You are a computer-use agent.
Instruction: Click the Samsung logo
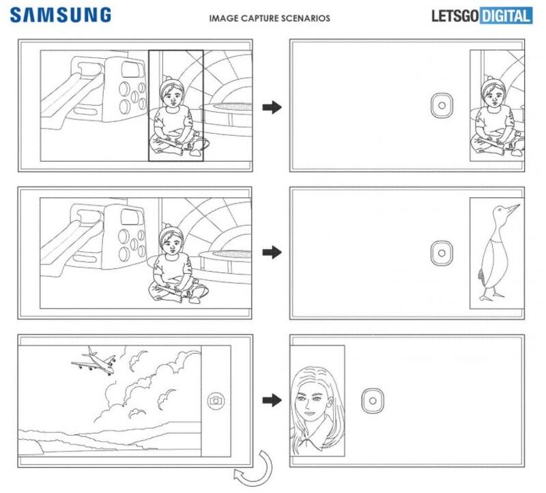[x=61, y=14]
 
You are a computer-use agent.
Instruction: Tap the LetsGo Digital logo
[x=481, y=16]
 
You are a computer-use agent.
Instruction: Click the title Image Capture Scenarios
[x=270, y=18]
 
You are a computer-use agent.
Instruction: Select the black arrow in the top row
[x=272, y=107]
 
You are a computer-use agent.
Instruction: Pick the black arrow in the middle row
[x=272, y=253]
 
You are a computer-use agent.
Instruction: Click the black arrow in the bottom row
[x=272, y=400]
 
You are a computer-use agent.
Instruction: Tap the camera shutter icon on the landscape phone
[x=216, y=400]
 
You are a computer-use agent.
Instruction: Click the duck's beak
[x=513, y=208]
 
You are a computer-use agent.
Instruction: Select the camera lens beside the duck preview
[x=442, y=253]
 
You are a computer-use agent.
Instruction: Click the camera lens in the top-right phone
[x=442, y=107]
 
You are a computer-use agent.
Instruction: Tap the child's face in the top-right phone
[x=492, y=94]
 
